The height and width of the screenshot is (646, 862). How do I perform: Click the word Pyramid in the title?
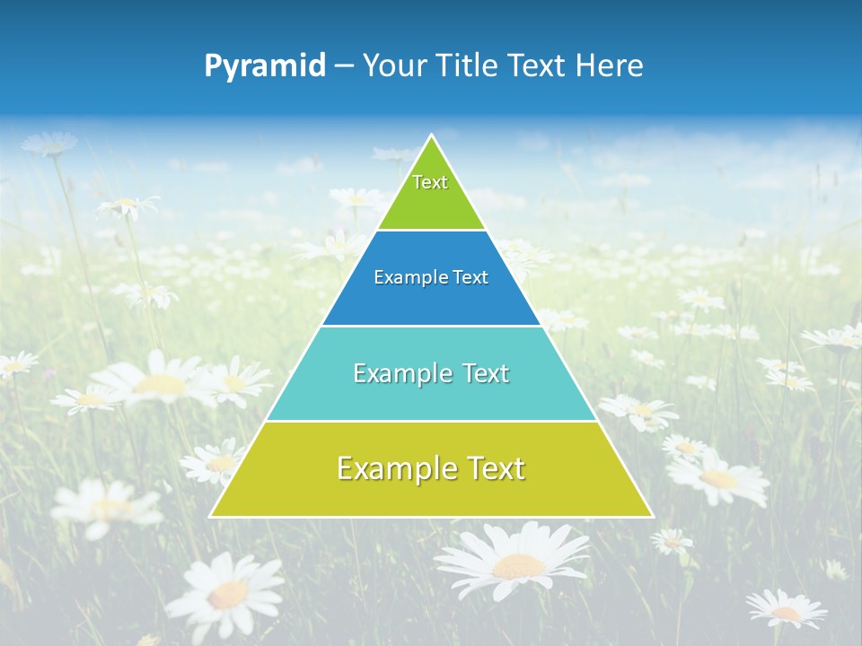click(265, 65)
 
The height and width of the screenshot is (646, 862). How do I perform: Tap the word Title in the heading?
click(470, 65)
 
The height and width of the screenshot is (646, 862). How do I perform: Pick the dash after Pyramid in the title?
click(343, 66)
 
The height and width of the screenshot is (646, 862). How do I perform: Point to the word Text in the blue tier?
click(471, 278)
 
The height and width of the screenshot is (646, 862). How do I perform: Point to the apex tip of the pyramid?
click(432, 135)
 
